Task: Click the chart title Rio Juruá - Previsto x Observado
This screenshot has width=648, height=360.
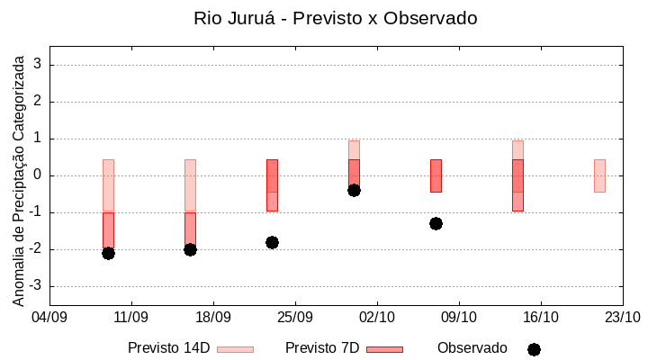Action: click(x=335, y=18)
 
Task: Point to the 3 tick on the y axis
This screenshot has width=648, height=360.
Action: click(x=39, y=65)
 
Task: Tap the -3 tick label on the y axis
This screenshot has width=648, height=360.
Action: click(x=36, y=286)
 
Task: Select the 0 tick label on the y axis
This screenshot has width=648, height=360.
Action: click(x=39, y=175)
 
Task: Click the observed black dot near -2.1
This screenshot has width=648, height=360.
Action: click(x=108, y=253)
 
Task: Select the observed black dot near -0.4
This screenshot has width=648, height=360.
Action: click(x=354, y=190)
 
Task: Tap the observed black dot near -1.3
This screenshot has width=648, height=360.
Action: click(x=436, y=223)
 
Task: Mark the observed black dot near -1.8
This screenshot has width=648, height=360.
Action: click(x=272, y=242)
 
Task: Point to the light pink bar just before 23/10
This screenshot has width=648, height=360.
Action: click(x=599, y=175)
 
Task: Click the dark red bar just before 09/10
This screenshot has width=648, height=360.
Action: click(x=436, y=175)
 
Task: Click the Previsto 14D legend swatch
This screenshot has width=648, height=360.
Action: click(x=235, y=349)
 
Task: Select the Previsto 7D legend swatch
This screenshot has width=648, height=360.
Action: click(x=384, y=349)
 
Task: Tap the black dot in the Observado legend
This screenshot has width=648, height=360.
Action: click(x=534, y=349)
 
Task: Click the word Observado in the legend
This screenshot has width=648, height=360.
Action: click(x=472, y=347)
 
